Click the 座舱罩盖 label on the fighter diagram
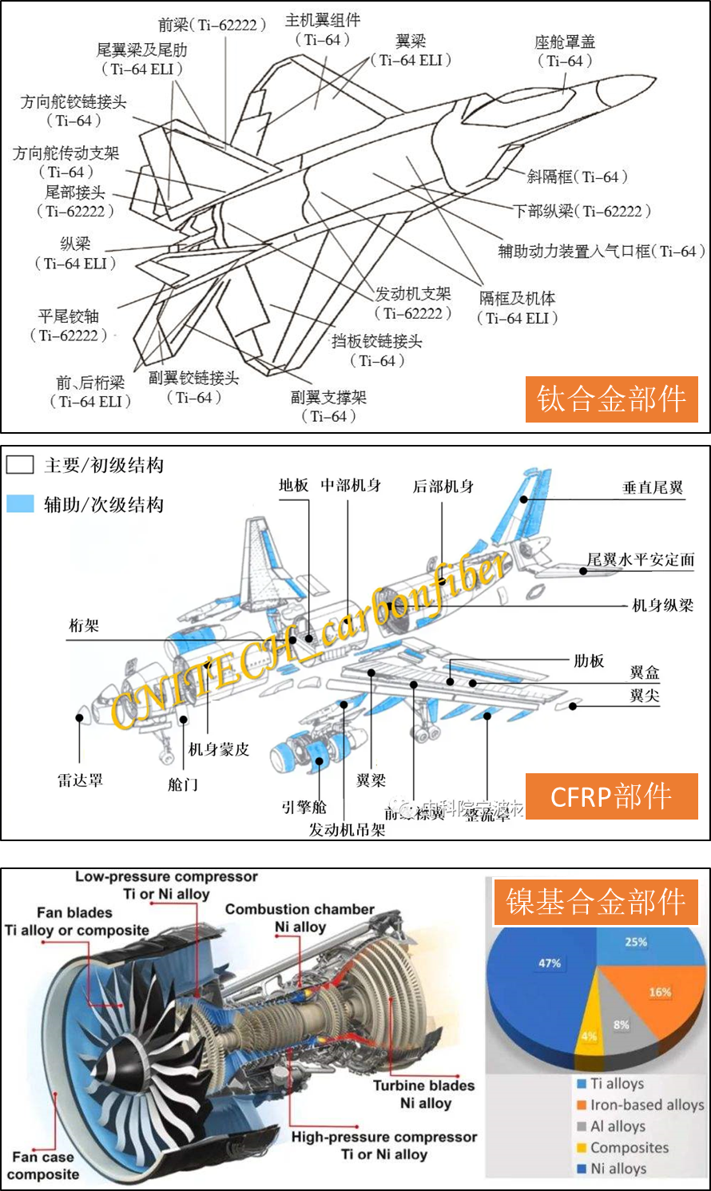(565, 42)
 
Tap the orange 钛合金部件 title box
(611, 399)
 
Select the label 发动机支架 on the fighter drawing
(413, 294)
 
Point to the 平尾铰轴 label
(68, 316)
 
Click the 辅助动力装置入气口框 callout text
(600, 252)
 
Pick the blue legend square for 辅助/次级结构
(20, 503)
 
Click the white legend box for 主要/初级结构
(20, 465)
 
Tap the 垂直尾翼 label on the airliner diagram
(653, 487)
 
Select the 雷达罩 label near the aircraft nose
(80, 780)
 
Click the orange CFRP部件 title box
(611, 796)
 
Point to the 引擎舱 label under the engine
(304, 808)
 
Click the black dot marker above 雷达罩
(80, 717)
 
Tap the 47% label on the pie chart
(550, 963)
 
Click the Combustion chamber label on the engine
(300, 909)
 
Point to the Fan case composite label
(43, 1165)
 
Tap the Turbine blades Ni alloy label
(424, 1094)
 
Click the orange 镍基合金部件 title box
(595, 902)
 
